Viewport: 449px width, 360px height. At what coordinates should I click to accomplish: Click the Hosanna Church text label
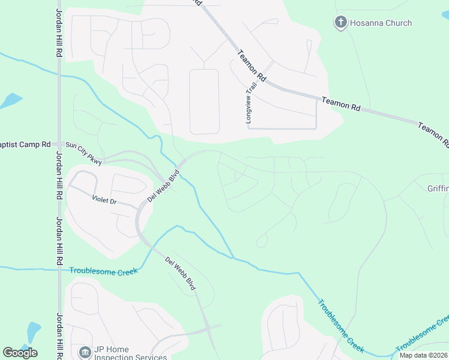coord(381,23)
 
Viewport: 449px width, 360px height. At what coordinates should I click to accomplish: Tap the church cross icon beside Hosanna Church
coord(340,23)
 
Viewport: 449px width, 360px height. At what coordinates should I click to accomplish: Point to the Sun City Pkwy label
coord(84,153)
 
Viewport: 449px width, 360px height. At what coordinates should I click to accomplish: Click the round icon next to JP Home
coord(85,351)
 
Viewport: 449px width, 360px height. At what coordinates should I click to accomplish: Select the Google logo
coord(20,352)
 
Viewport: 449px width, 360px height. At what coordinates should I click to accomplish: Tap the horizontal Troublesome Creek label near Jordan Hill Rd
coord(103,271)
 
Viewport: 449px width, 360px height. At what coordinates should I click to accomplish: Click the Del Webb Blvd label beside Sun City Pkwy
coord(164,188)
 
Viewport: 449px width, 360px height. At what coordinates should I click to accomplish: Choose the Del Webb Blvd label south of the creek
coord(181,274)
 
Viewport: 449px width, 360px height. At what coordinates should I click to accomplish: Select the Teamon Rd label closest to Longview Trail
coord(252,66)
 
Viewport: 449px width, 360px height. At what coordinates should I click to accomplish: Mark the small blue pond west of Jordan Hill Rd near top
coord(10,100)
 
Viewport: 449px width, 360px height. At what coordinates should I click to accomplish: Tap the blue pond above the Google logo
coord(33,332)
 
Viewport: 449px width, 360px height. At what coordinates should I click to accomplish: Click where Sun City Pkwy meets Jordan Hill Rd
coord(59,144)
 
